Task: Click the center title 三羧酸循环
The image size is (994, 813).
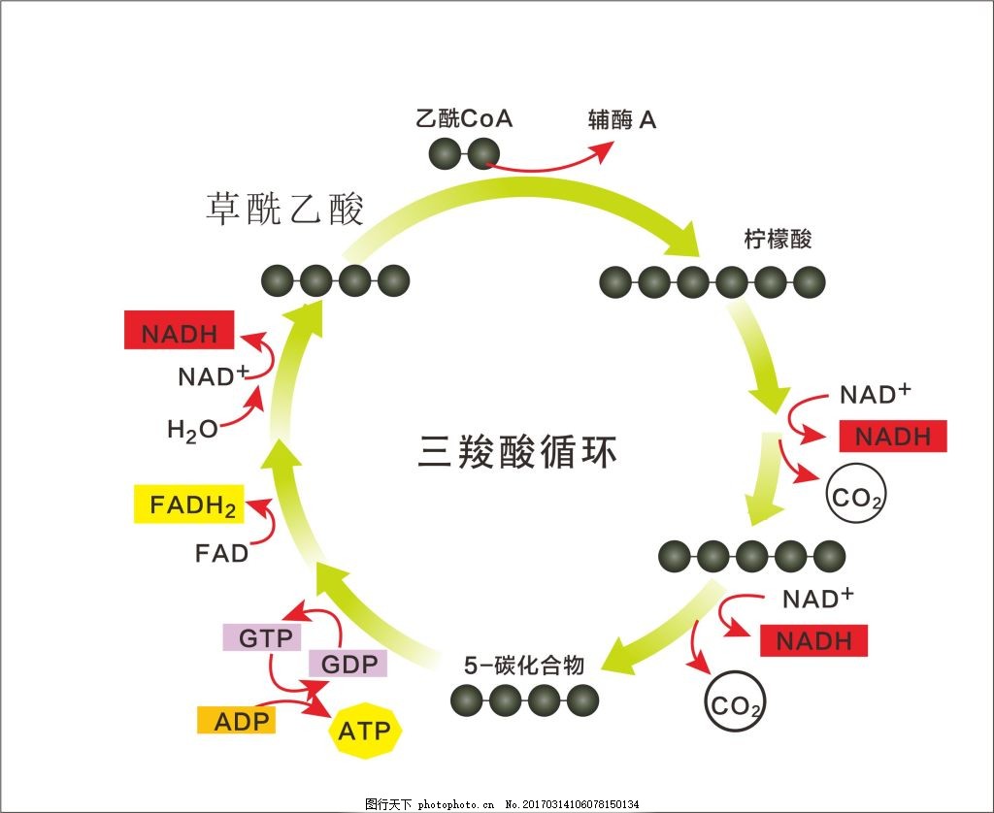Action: tap(517, 453)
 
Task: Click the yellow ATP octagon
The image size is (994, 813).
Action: tap(363, 730)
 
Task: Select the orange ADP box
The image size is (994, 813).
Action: tap(236, 721)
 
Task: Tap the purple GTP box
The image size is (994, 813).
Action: tap(260, 638)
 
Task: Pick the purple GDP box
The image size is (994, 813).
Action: tap(348, 665)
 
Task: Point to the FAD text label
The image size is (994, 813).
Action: tap(221, 554)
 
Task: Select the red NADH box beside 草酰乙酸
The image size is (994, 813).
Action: tap(179, 332)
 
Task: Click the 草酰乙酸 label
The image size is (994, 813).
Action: tap(284, 209)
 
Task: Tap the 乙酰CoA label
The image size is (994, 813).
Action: tap(463, 119)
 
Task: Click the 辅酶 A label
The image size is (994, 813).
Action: tap(622, 119)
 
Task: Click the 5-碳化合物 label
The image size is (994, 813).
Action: tap(523, 666)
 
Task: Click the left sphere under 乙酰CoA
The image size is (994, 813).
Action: tap(445, 152)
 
